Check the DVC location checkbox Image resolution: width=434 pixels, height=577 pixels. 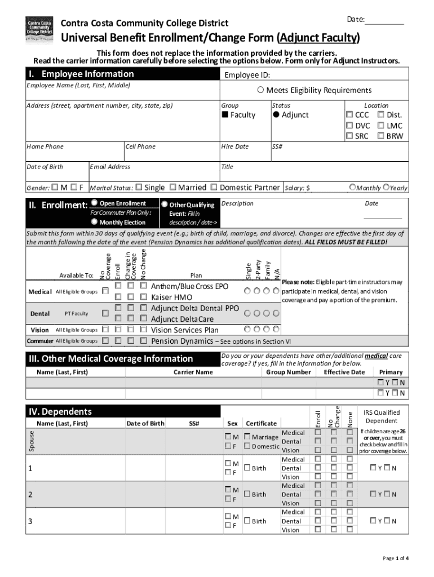pyautogui.click(x=349, y=126)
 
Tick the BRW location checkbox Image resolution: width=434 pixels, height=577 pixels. pyautogui.click(x=380, y=136)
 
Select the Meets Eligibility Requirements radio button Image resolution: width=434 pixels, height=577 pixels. pyautogui.click(x=260, y=90)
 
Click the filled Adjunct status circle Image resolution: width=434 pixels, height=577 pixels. pyautogui.click(x=276, y=114)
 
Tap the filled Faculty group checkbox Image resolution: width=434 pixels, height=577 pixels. pyautogui.click(x=225, y=115)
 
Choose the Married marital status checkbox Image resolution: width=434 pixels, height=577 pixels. pyautogui.click(x=173, y=187)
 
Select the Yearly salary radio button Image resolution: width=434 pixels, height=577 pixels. pyautogui.click(x=386, y=187)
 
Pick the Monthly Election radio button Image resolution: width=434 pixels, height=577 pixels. pyautogui.click(x=94, y=222)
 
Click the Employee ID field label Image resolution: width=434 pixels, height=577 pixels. pyautogui.click(x=247, y=75)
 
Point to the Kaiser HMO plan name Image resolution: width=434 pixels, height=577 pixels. pyautogui.click(x=171, y=297)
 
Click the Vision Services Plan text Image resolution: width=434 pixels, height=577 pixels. pyautogui.click(x=184, y=330)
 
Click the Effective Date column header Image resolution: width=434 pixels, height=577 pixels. pyautogui.click(x=344, y=372)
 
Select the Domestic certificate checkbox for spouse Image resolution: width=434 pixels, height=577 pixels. pyautogui.click(x=247, y=446)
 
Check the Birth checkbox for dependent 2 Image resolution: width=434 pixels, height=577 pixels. pyautogui.click(x=247, y=494)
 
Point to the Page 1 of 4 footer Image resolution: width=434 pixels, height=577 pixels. pyautogui.click(x=396, y=558)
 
